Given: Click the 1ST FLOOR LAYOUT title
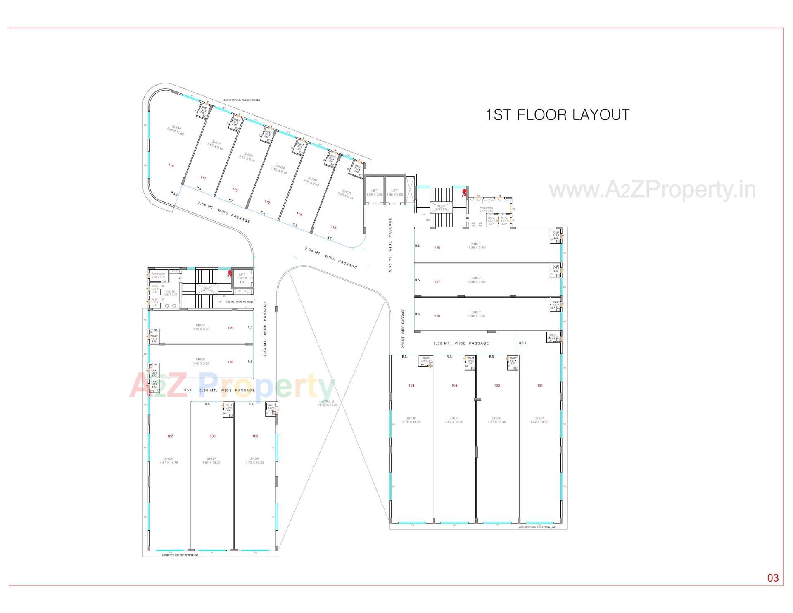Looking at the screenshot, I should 557,115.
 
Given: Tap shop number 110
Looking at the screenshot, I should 171,166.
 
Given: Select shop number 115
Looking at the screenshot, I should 334,227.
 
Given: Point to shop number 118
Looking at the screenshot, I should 437,316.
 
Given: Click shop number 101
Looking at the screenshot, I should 540,386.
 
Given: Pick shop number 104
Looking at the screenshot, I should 411,386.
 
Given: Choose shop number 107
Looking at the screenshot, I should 170,436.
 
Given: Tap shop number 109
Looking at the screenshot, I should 230,328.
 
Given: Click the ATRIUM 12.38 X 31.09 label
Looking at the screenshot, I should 328,403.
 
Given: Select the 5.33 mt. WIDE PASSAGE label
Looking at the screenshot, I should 390,245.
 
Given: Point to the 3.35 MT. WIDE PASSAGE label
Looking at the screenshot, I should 331,258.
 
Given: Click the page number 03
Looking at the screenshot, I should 773,578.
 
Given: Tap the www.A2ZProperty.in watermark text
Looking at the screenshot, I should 652,190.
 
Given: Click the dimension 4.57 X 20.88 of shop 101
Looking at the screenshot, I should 539,422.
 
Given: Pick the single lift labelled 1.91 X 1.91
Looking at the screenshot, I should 242,278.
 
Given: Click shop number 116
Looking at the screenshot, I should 437,248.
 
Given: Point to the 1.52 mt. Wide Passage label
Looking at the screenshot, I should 239,301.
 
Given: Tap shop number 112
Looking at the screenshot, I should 235,190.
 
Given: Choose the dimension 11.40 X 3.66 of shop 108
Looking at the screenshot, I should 200,363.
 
